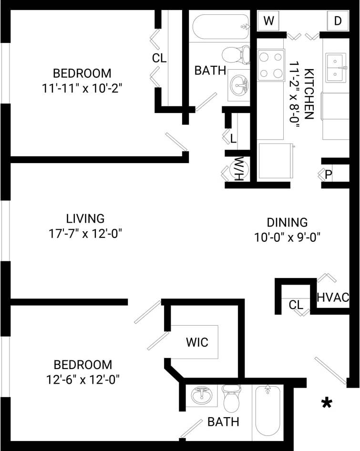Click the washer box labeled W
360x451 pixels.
pyautogui.click(x=269, y=21)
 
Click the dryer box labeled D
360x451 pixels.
pyautogui.click(x=337, y=21)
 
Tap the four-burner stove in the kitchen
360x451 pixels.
pyautogui.click(x=270, y=65)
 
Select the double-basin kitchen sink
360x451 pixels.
pyautogui.click(x=337, y=68)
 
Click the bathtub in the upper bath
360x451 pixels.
pyautogui.click(x=221, y=27)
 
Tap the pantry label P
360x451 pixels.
pyautogui.click(x=328, y=175)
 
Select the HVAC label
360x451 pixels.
pyautogui.click(x=333, y=297)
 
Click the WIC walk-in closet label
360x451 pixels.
pyautogui.click(x=197, y=342)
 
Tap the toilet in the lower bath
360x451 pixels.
pyautogui.click(x=232, y=399)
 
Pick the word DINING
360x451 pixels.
pyautogui.click(x=287, y=222)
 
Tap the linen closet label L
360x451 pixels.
pyautogui.click(x=233, y=139)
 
